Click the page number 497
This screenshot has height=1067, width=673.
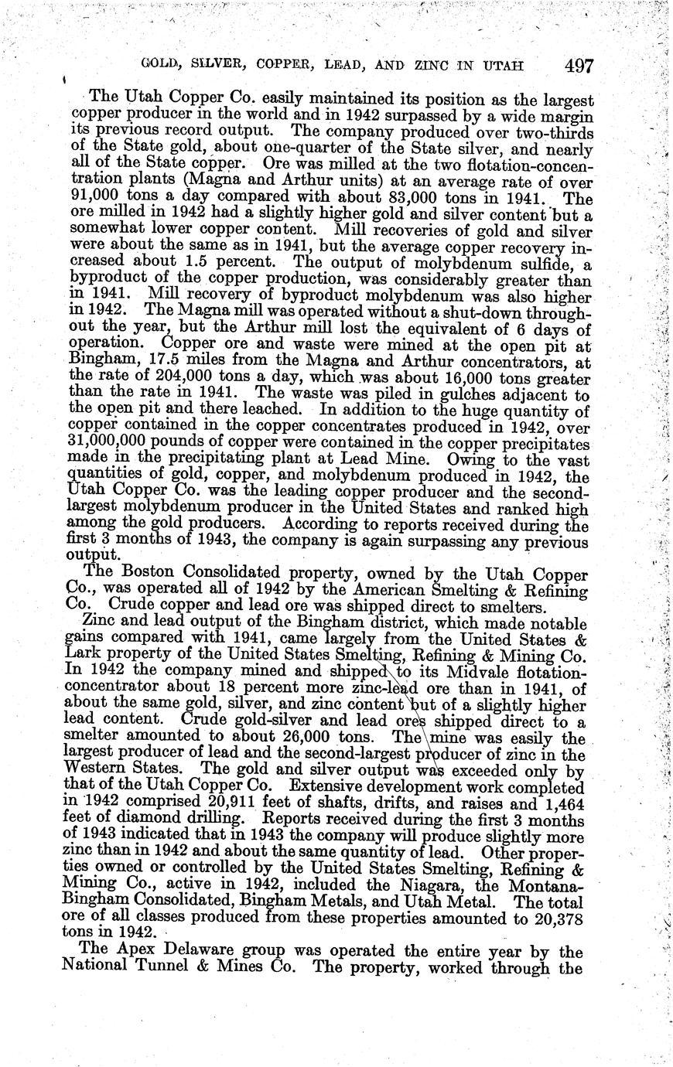(579, 66)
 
